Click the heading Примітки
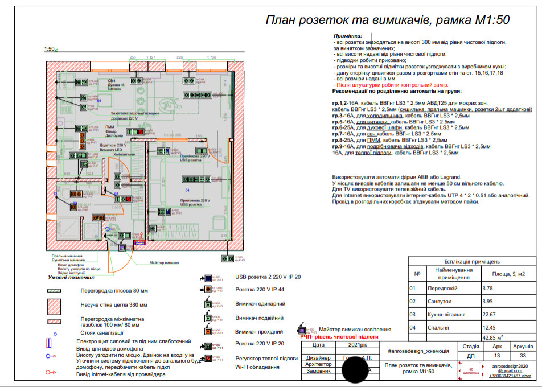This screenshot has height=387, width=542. coord(352,36)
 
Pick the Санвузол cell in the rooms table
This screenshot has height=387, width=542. coord(438,302)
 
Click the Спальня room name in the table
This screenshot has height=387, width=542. coord(436,327)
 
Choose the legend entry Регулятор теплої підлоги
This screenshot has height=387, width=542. coord(266,359)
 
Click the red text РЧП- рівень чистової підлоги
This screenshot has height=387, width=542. coord(334,337)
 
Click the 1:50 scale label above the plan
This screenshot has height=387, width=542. coord(49,50)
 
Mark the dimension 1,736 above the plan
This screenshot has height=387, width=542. coord(213,57)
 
